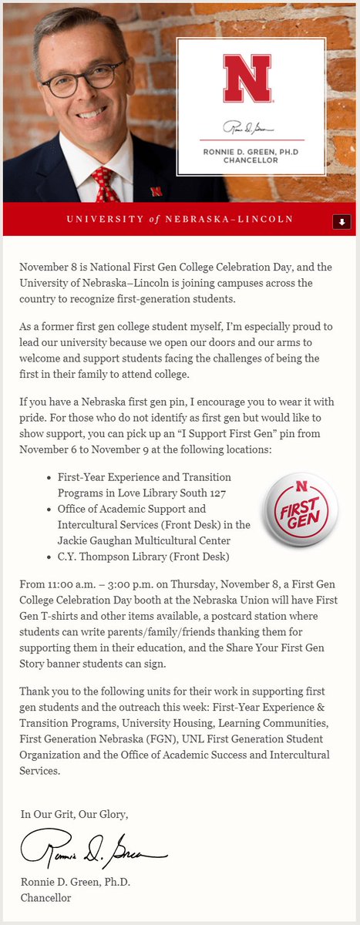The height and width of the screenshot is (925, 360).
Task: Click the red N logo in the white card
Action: [x=247, y=79]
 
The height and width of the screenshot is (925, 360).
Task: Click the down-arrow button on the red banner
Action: [x=341, y=221]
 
